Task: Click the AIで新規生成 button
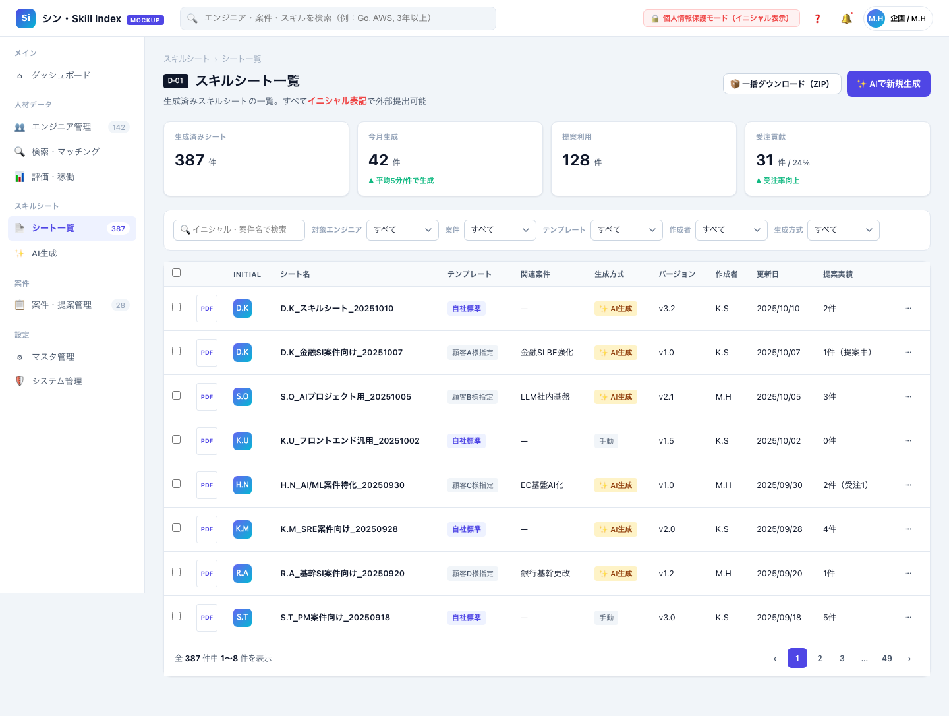pyautogui.click(x=888, y=84)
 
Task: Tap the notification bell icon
pyautogui.click(x=846, y=18)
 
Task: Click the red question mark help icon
pyautogui.click(x=817, y=18)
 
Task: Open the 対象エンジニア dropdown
pyautogui.click(x=402, y=229)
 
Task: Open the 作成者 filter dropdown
pyautogui.click(x=731, y=229)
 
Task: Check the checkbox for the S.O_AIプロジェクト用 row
pyautogui.click(x=177, y=395)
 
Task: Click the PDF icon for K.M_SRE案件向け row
pyautogui.click(x=207, y=529)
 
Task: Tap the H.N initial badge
pyautogui.click(x=243, y=485)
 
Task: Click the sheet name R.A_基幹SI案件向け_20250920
pyautogui.click(x=343, y=574)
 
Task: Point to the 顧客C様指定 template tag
pyautogui.click(x=473, y=485)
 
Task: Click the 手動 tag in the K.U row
pyautogui.click(x=606, y=441)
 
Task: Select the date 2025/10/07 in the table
pyautogui.click(x=778, y=352)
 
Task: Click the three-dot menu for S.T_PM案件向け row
pyautogui.click(x=908, y=617)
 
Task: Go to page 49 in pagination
pyautogui.click(x=887, y=658)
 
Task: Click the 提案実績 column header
pyautogui.click(x=838, y=274)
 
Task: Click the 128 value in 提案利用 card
pyautogui.click(x=576, y=160)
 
